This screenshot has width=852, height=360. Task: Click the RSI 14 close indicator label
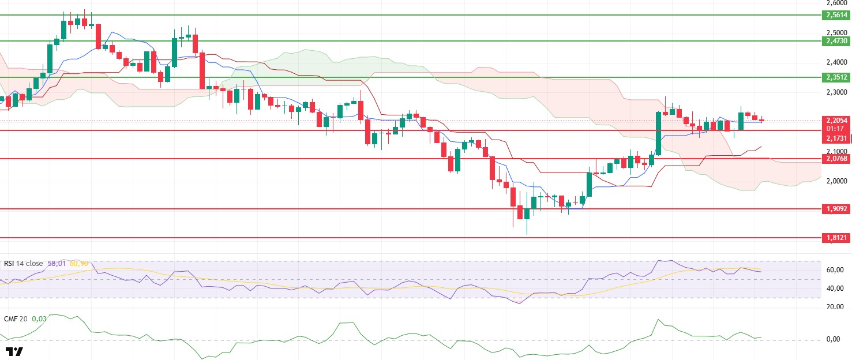pos(23,264)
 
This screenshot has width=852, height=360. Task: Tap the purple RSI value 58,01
pos(57,264)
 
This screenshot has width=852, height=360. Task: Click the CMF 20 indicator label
pos(16,318)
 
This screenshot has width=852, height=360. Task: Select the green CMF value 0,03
pos(39,318)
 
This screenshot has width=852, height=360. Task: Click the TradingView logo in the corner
pos(14,351)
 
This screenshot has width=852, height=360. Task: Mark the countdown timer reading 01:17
pos(835,129)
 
